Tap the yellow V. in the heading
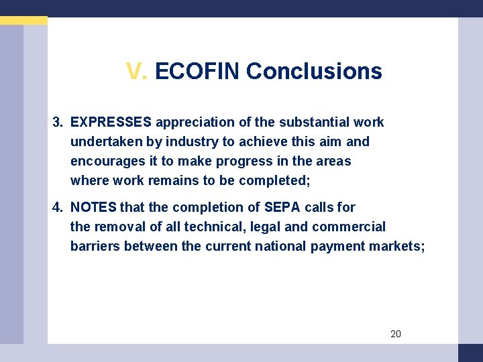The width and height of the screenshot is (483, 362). pos(137,71)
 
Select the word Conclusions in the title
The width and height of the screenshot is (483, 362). pos(314,71)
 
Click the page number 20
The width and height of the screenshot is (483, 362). pos(396,334)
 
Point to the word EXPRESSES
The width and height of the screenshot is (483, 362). pos(111,122)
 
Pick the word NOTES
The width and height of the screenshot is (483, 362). pos(93,207)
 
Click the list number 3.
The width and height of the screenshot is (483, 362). pos(58,122)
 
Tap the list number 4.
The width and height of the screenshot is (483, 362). pos(58,207)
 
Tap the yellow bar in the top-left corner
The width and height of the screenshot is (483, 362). pos(23,21)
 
